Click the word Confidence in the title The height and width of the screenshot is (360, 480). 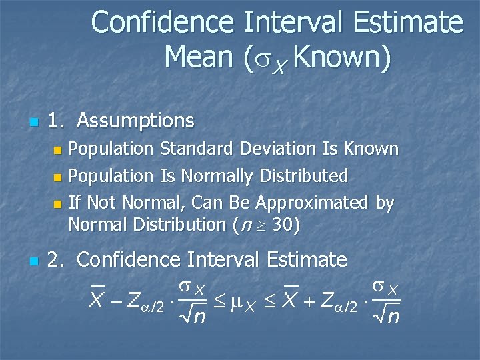click(163, 23)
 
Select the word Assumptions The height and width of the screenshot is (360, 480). click(135, 121)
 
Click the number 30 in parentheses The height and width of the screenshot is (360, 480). click(281, 225)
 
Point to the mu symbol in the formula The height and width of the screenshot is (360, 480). click(233, 301)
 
